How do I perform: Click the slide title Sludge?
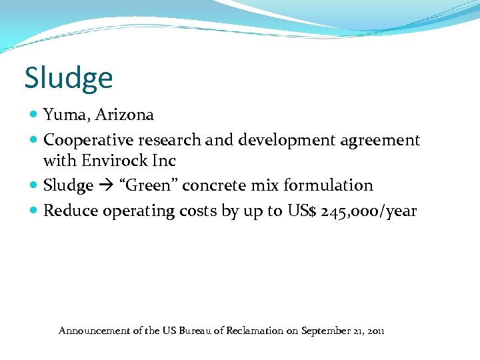[x=69, y=78]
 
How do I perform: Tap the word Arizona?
[x=124, y=115]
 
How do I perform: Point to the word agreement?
[x=380, y=140]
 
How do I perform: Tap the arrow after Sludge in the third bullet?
[x=105, y=185]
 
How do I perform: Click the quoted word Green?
[x=150, y=185]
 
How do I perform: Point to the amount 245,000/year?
[x=369, y=212]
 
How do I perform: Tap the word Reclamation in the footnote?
[x=251, y=331]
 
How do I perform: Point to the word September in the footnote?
[x=324, y=331]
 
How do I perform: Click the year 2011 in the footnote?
[x=375, y=331]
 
